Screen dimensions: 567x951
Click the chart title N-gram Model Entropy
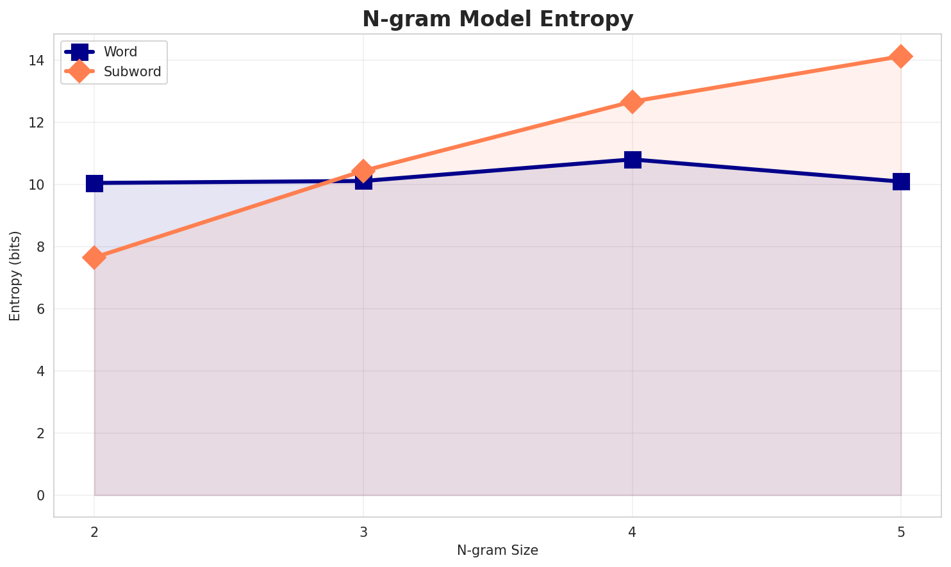click(497, 19)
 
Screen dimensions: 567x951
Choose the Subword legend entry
click(132, 72)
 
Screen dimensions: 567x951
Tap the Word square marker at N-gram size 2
click(94, 183)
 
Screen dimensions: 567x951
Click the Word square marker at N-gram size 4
click(633, 160)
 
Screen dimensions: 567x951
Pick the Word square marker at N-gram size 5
click(901, 182)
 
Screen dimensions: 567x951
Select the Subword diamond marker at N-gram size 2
click(94, 258)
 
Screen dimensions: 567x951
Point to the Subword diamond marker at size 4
click(633, 102)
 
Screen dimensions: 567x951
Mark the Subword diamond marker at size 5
click(901, 56)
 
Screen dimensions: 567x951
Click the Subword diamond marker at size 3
click(363, 171)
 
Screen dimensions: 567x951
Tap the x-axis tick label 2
click(94, 532)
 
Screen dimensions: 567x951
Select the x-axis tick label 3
click(363, 532)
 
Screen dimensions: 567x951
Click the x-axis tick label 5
click(901, 532)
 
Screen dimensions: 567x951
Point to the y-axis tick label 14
click(36, 61)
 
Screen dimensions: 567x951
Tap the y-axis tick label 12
click(36, 123)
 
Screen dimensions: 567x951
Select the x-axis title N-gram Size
click(497, 550)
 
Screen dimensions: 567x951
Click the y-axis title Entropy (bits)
click(15, 275)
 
